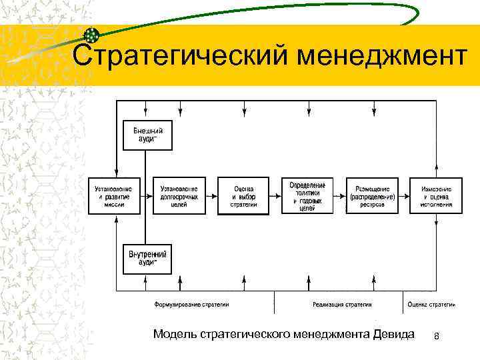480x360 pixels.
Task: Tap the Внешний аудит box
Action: coord(147,135)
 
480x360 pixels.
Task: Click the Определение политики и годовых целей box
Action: coord(307,195)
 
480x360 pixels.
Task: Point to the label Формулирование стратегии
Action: coord(191,305)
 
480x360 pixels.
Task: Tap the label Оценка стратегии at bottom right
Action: coord(431,305)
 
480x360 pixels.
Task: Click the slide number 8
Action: coord(436,335)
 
